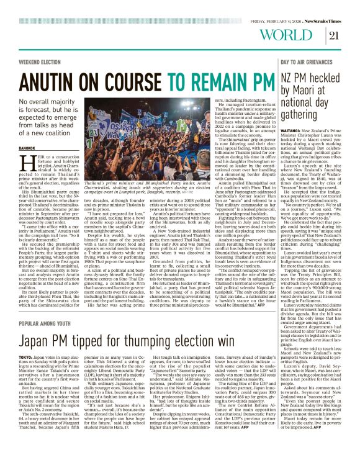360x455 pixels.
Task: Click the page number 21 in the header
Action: coord(335,34)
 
